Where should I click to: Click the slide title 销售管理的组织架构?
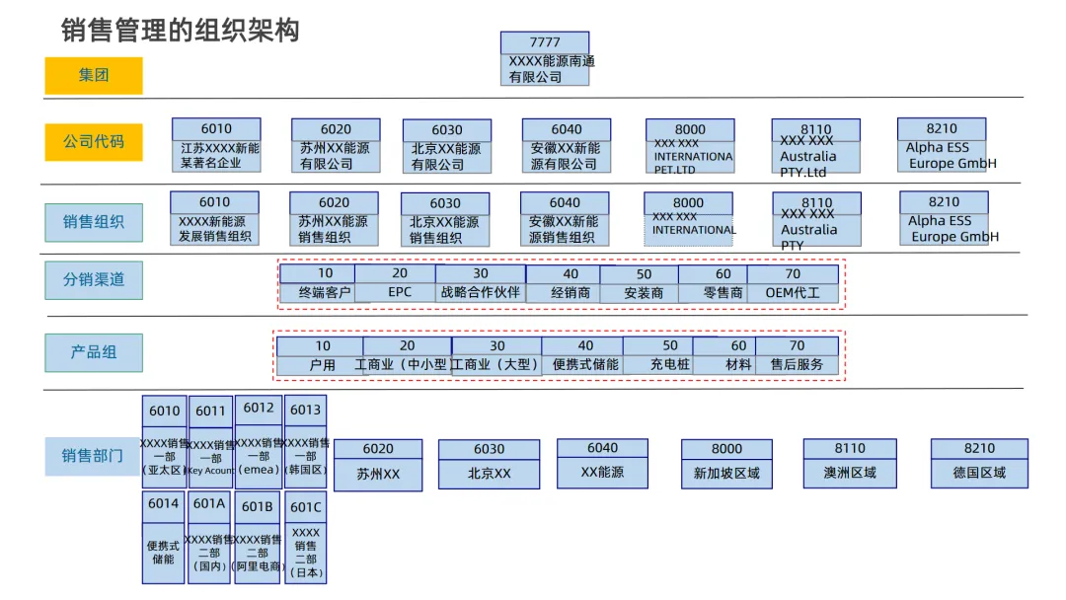181,31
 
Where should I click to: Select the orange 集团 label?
94,75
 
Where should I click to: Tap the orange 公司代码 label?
94,141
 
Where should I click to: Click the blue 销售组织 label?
94,222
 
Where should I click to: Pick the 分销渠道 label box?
94,279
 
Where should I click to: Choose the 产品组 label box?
94,352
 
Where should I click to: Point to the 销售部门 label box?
93,456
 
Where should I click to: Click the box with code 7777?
545,58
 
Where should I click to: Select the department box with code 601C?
305,538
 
